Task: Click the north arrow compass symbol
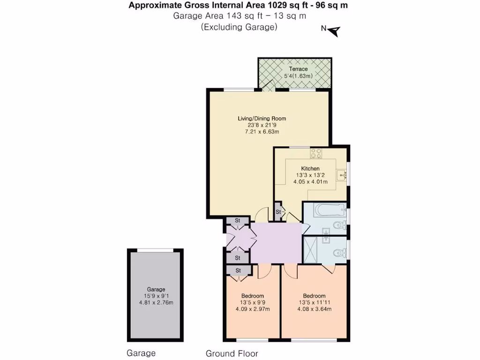(x=334, y=31)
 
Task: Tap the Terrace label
(x=298, y=69)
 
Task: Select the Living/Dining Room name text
(x=262, y=119)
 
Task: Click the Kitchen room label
(x=310, y=168)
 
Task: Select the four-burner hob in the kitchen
(x=315, y=153)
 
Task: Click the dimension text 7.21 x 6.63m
(x=262, y=132)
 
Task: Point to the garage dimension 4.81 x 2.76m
(x=156, y=303)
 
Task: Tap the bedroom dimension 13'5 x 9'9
(x=252, y=302)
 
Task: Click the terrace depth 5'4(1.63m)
(x=298, y=76)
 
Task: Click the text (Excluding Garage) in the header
(x=239, y=27)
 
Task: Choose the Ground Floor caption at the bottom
(x=232, y=353)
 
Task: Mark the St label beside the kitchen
(x=278, y=212)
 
